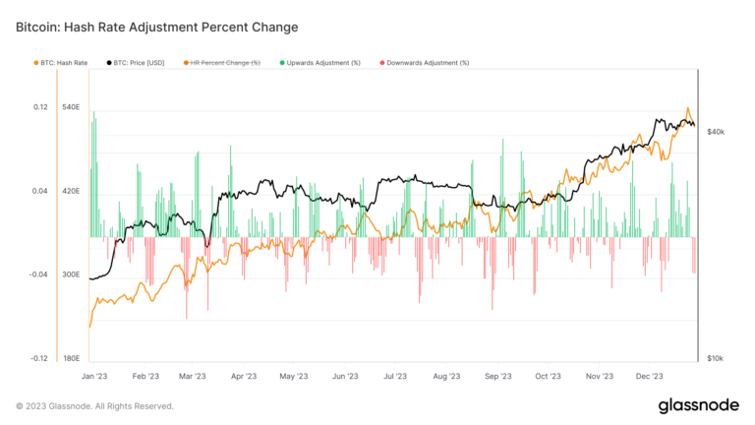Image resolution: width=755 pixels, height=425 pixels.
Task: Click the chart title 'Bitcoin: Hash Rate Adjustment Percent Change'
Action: coord(157,26)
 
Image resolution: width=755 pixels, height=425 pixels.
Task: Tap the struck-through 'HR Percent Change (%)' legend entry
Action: coord(225,62)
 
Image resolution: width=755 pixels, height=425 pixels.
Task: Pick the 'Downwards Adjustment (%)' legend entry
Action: coord(428,62)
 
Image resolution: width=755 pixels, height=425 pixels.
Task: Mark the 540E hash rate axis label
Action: coord(71,107)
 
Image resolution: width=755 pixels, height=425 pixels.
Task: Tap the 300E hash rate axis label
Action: coord(71,274)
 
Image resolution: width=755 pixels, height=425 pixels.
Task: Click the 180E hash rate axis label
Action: coord(71,358)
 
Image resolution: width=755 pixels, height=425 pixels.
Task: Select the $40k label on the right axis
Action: coord(716,131)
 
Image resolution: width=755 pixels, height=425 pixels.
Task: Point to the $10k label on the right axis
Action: coord(716,358)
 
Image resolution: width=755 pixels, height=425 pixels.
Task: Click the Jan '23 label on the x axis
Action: coord(94,375)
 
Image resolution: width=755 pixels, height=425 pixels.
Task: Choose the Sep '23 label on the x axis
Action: coord(498,375)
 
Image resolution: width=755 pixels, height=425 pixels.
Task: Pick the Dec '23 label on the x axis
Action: coord(650,375)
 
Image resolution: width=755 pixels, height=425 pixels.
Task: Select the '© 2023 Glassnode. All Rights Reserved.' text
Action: coord(94,405)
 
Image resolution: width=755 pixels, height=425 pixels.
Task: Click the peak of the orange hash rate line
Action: coord(688,108)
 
